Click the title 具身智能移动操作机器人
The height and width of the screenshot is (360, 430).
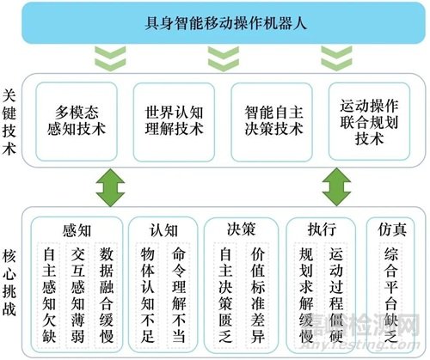coord(225,23)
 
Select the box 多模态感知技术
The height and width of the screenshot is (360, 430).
coord(77,121)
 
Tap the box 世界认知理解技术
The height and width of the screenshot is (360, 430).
coord(174,122)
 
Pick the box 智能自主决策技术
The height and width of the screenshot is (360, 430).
coord(272,122)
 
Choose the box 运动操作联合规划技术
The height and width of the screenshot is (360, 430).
coord(369,121)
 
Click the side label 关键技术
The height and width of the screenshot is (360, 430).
coord(9,122)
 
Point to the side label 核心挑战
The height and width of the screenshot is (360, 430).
coord(9,283)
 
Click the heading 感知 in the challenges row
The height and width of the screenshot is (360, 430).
coord(77,231)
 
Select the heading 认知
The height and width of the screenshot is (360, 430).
coord(163,231)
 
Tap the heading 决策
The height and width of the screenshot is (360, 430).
coord(241,229)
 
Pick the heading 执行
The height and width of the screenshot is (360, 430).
coord(322,229)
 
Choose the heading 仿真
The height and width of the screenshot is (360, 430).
coord(392,229)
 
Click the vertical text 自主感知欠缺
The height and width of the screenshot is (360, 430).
coord(49,295)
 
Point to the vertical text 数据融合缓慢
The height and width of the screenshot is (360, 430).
coord(107,295)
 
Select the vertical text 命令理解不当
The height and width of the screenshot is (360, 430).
coord(179,295)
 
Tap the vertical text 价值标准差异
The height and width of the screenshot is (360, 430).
coord(257,295)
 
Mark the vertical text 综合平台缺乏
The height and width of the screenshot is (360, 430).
coord(391,295)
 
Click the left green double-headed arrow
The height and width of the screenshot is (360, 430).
coord(110,187)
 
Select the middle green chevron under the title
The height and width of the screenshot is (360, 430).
coord(224,58)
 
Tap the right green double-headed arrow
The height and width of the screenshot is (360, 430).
coord(336,187)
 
